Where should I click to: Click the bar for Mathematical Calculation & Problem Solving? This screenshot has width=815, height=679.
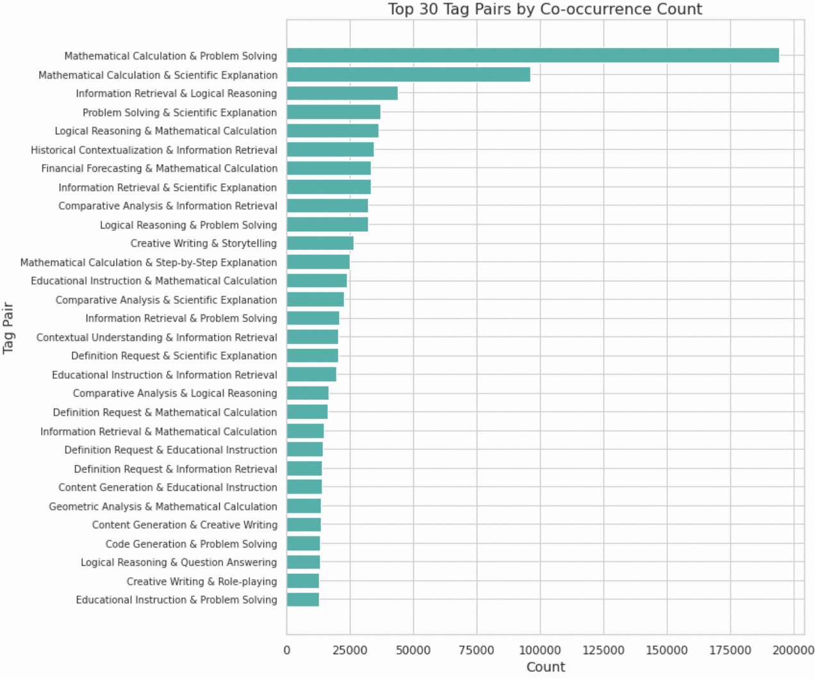tap(532, 56)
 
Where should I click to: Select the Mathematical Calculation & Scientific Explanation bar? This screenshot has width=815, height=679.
tap(408, 75)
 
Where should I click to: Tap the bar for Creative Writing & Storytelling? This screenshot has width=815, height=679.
tap(320, 243)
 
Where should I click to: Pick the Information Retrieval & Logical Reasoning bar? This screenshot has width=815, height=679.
tap(342, 94)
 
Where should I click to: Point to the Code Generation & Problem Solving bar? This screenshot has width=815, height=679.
tap(303, 544)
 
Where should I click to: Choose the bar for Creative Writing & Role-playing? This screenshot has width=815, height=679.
tap(302, 581)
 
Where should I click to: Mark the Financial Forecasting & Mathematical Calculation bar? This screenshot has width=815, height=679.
tap(329, 168)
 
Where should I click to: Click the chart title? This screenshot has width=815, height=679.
tap(545, 9)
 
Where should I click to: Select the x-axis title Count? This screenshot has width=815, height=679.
tap(545, 667)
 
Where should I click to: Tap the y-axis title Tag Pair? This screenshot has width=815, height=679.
tap(8, 328)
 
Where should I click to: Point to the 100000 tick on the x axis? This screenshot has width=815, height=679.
tap(540, 650)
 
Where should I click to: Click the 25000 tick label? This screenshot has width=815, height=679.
tap(350, 650)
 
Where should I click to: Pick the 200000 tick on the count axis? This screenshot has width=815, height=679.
tap(793, 650)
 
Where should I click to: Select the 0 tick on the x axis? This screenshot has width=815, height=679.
tap(286, 650)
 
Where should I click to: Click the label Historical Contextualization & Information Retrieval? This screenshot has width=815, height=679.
tap(154, 150)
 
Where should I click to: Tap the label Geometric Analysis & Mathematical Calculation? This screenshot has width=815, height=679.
tap(163, 506)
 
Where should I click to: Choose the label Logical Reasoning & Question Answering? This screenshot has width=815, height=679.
tap(179, 562)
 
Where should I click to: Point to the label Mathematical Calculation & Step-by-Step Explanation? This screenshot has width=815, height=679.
tap(149, 263)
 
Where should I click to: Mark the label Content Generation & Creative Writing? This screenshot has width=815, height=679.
tap(185, 525)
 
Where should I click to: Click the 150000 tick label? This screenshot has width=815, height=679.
tap(666, 650)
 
